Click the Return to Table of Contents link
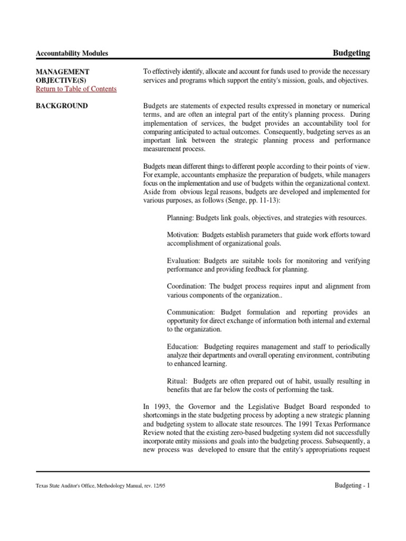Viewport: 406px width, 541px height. tap(76, 89)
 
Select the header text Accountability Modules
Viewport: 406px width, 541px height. tap(71, 53)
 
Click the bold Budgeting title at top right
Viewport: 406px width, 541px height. tap(351, 53)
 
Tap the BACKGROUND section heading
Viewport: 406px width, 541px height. tap(61, 106)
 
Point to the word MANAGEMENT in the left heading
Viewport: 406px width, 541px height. tap(62, 71)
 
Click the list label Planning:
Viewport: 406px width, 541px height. tap(181, 218)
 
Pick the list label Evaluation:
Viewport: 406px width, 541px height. tap(183, 260)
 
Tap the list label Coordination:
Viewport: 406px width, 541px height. tap(187, 286)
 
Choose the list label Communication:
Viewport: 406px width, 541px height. tap(191, 312)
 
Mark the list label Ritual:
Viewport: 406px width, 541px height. tap(177, 380)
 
